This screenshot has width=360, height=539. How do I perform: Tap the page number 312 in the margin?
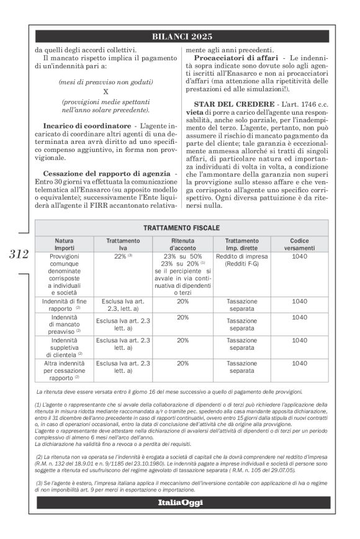click(x=20, y=254)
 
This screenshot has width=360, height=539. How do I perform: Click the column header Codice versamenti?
click(x=299, y=244)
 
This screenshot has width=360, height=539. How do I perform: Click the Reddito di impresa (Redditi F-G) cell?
click(x=242, y=261)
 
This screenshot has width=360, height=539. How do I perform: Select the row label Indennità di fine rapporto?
click(x=65, y=303)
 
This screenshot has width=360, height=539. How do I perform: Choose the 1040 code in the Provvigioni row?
click(x=299, y=256)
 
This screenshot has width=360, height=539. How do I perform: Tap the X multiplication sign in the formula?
click(x=105, y=91)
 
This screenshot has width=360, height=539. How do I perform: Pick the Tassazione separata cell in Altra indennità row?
click(x=242, y=367)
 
